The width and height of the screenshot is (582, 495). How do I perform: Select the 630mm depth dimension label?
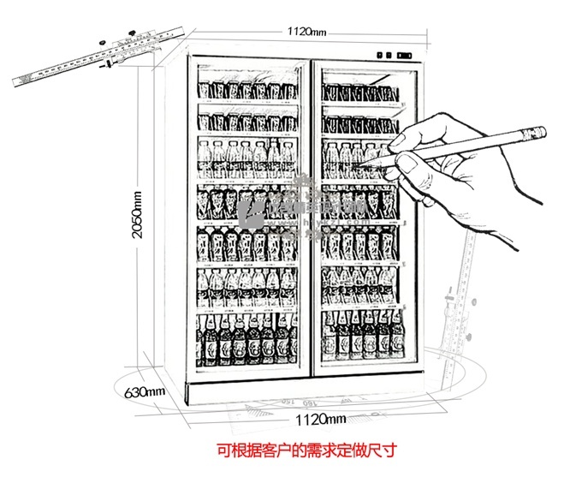(143, 391)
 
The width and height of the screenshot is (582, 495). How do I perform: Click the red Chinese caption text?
(307, 448)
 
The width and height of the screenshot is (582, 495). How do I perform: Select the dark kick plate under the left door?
(247, 391)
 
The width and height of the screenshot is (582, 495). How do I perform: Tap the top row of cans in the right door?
(359, 94)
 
